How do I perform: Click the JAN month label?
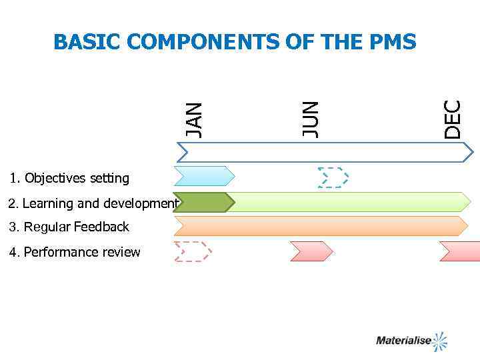coord(193,120)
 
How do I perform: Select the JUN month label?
coord(310,119)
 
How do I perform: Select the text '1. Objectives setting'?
coord(69,178)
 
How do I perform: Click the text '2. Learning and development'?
coord(93,203)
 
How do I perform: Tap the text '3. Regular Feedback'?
coord(69,227)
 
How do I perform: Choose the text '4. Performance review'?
coord(75,252)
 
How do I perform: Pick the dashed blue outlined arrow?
coord(333,177)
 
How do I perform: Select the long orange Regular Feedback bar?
coord(321,226)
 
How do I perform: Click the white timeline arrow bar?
coord(324,153)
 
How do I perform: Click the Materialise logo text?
coord(403,341)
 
